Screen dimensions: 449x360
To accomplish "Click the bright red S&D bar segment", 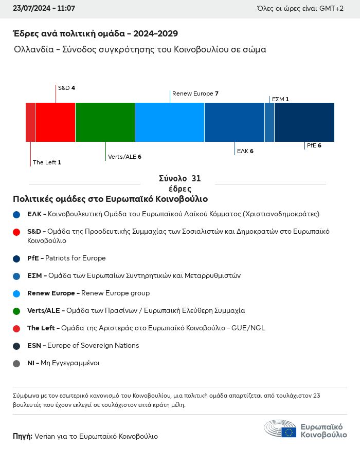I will click(x=55, y=122).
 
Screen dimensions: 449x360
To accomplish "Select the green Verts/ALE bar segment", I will click(x=105, y=122).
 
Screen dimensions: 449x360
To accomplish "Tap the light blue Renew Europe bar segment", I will click(x=170, y=122).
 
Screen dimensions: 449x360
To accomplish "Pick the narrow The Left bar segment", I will click(x=30, y=122).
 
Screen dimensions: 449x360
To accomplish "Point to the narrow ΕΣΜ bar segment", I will click(x=269, y=122).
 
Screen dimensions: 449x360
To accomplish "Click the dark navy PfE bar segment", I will click(x=304, y=122).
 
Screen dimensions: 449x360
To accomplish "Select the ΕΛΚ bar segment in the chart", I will click(x=235, y=122).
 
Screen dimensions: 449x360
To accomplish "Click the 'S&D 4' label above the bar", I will click(x=66, y=88).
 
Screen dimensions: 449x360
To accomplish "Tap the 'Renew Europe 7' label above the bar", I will click(x=195, y=93).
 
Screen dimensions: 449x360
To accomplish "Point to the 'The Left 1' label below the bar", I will click(x=47, y=162).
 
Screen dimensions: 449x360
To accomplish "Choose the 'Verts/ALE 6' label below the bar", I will click(x=124, y=157).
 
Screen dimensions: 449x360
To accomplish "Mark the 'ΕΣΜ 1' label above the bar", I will click(x=280, y=99).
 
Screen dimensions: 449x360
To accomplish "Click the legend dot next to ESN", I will click(x=16, y=346).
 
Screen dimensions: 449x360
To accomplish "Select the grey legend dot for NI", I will click(x=16, y=363).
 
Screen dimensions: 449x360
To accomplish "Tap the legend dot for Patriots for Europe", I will click(x=16, y=258).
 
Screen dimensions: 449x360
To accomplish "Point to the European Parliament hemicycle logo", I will click(x=280, y=429).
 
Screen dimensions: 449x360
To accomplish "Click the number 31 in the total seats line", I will click(x=196, y=179).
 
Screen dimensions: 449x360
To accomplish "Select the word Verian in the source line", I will click(x=45, y=436).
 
